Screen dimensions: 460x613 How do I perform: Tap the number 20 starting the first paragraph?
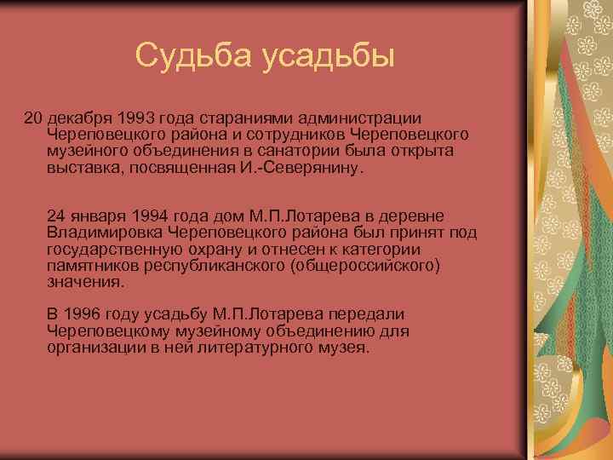coord(32,117)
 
